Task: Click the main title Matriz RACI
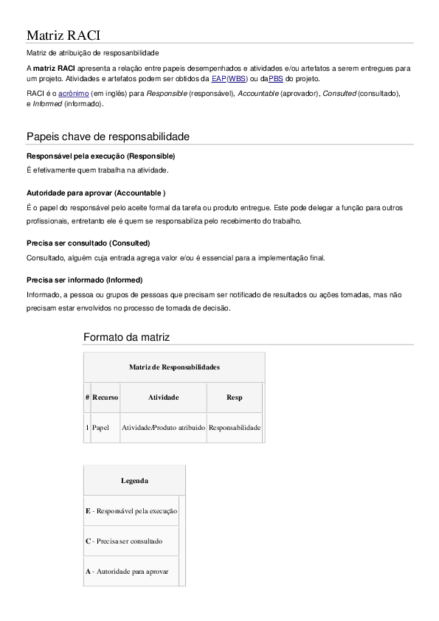[63, 35]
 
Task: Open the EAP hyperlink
[218, 78]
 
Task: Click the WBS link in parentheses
[237, 78]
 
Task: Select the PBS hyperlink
[275, 78]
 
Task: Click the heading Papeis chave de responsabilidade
[108, 136]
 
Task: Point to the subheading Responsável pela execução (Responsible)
[100, 156]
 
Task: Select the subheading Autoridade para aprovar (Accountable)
[96, 192]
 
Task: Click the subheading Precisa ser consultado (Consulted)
[89, 243]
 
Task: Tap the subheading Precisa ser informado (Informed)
[85, 280]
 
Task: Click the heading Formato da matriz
[126, 337]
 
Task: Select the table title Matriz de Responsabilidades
[174, 367]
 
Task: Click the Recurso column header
[105, 398]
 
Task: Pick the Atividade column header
[163, 398]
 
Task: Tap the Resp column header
[234, 398]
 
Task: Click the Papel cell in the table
[100, 427]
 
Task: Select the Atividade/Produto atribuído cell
[163, 427]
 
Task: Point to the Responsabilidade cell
[235, 427]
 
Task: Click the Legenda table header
[134, 481]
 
